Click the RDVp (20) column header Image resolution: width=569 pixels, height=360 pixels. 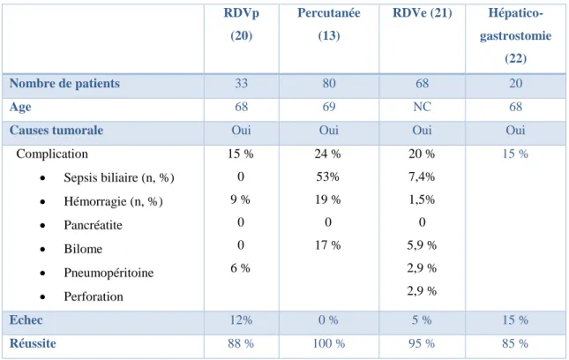pyautogui.click(x=242, y=25)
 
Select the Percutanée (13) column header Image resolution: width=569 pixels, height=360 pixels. pyautogui.click(x=329, y=25)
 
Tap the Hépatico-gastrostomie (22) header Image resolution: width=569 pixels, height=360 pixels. pyautogui.click(x=515, y=35)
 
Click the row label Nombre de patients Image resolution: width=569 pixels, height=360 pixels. pyautogui.click(x=64, y=84)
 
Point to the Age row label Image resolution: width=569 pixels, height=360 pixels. pyautogui.click(x=20, y=107)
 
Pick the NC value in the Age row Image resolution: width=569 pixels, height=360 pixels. pyautogui.click(x=422, y=107)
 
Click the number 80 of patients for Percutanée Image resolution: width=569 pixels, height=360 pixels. pyautogui.click(x=329, y=84)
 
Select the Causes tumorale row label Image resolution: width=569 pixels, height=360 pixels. pyautogui.click(x=56, y=131)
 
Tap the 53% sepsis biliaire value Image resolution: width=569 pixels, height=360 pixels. pyautogui.click(x=327, y=176)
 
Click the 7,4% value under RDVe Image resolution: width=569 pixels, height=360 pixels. pyautogui.click(x=422, y=176)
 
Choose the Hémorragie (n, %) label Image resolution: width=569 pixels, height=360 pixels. pyautogui.click(x=113, y=201)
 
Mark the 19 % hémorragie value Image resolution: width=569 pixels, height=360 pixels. pyautogui.click(x=327, y=199)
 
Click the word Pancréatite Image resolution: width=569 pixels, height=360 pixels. pyautogui.click(x=93, y=225)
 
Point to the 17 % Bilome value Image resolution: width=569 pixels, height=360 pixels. pyautogui.click(x=327, y=245)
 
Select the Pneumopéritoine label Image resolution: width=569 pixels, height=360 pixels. pyautogui.click(x=109, y=273)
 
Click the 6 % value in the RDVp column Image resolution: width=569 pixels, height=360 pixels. pyautogui.click(x=240, y=268)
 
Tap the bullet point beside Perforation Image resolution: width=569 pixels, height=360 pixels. pyautogui.click(x=43, y=297)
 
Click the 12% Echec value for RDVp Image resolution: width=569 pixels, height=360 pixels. pyautogui.click(x=241, y=320)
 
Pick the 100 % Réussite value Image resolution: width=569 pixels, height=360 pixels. pyautogui.click(x=329, y=343)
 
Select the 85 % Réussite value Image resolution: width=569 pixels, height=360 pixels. pyautogui.click(x=515, y=343)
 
